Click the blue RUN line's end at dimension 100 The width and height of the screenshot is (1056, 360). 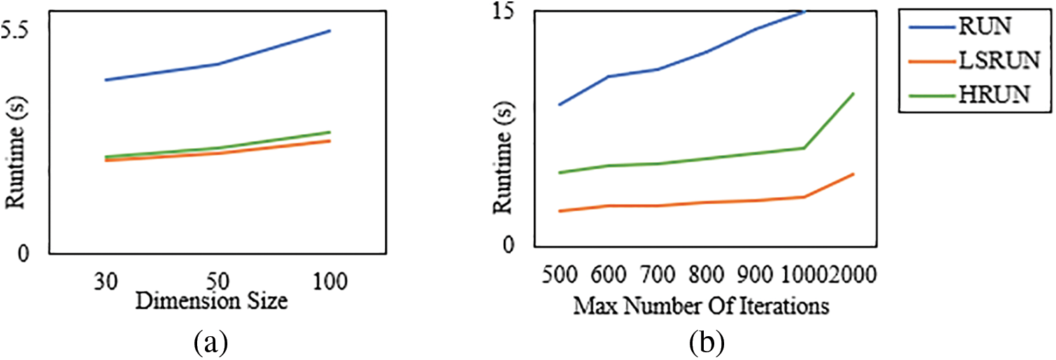point(330,31)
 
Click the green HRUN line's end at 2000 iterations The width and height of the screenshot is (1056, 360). point(853,93)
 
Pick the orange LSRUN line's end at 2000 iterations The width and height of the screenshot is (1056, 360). point(853,173)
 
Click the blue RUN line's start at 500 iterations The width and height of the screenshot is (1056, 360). point(559,105)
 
